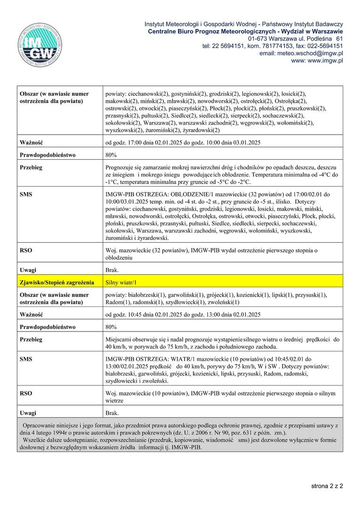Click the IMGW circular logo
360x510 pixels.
point(40,45)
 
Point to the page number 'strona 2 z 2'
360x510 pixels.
point(327,485)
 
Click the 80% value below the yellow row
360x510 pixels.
point(111,327)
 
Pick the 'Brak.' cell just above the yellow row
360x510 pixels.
point(112,270)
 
